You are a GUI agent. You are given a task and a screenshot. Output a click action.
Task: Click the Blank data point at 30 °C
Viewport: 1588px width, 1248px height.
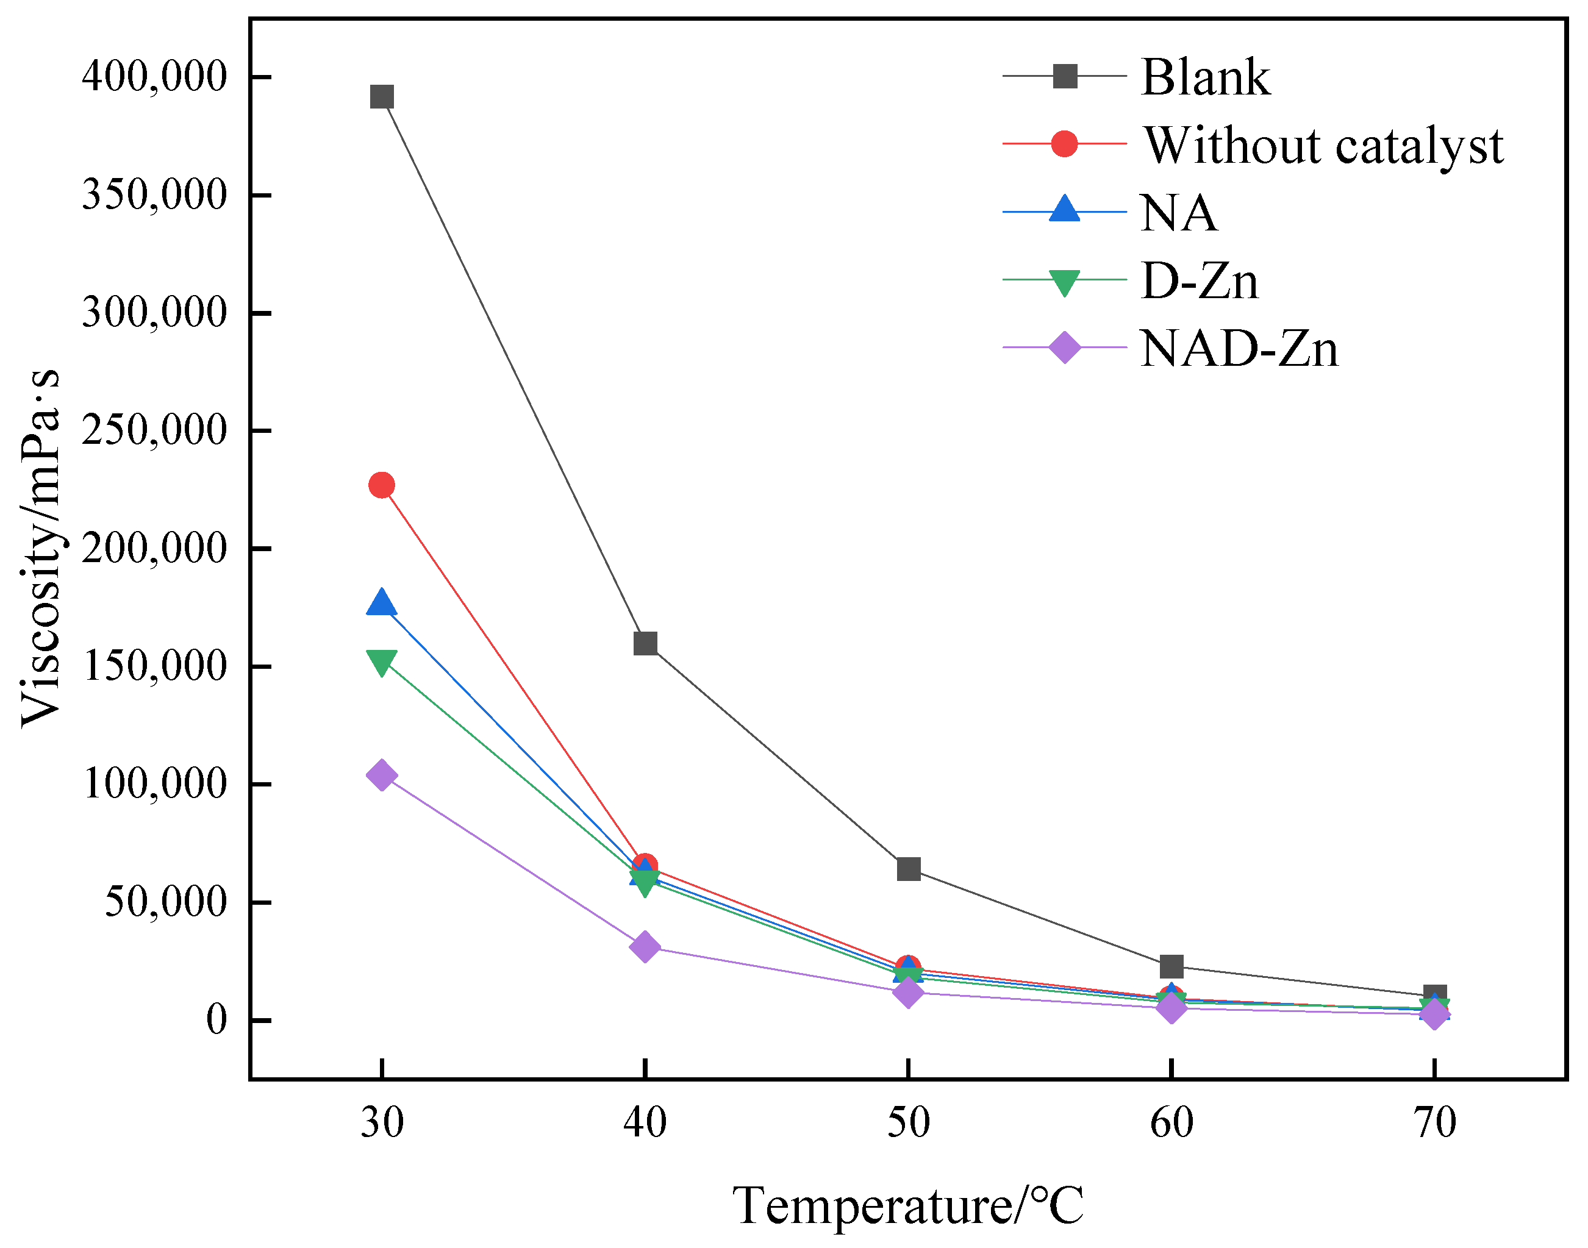(382, 96)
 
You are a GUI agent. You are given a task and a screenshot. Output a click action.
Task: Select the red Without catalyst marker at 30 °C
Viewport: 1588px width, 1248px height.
(382, 485)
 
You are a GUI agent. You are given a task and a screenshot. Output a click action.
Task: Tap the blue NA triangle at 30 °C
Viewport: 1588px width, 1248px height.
(382, 604)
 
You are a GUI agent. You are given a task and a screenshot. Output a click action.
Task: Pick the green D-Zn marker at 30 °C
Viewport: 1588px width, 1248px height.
(382, 662)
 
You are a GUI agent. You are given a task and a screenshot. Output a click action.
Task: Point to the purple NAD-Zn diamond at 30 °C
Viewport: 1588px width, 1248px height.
(382, 776)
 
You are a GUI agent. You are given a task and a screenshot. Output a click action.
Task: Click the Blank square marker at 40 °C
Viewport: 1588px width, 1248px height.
(645, 644)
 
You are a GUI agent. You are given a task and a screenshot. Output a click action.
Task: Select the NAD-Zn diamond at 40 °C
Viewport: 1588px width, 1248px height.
(645, 947)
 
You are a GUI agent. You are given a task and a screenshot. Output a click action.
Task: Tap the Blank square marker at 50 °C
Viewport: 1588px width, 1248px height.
(907, 869)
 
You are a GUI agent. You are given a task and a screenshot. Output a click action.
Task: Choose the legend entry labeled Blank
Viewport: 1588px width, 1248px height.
(1205, 77)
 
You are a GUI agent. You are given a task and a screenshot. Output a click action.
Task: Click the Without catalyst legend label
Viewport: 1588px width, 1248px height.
(1323, 145)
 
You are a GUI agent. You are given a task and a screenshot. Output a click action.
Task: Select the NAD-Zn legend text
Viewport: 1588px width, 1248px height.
(1239, 349)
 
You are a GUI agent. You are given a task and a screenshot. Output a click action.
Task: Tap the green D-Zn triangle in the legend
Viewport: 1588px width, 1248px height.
(1064, 281)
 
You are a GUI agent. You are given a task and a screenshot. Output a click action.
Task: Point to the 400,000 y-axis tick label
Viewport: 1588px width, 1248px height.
(154, 76)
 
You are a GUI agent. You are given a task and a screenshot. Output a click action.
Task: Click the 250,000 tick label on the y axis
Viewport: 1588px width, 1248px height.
(154, 430)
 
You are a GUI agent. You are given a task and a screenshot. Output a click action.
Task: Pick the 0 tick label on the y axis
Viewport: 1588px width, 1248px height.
(216, 1019)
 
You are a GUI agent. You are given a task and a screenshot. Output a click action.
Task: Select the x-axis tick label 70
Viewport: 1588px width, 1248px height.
(1434, 1123)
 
